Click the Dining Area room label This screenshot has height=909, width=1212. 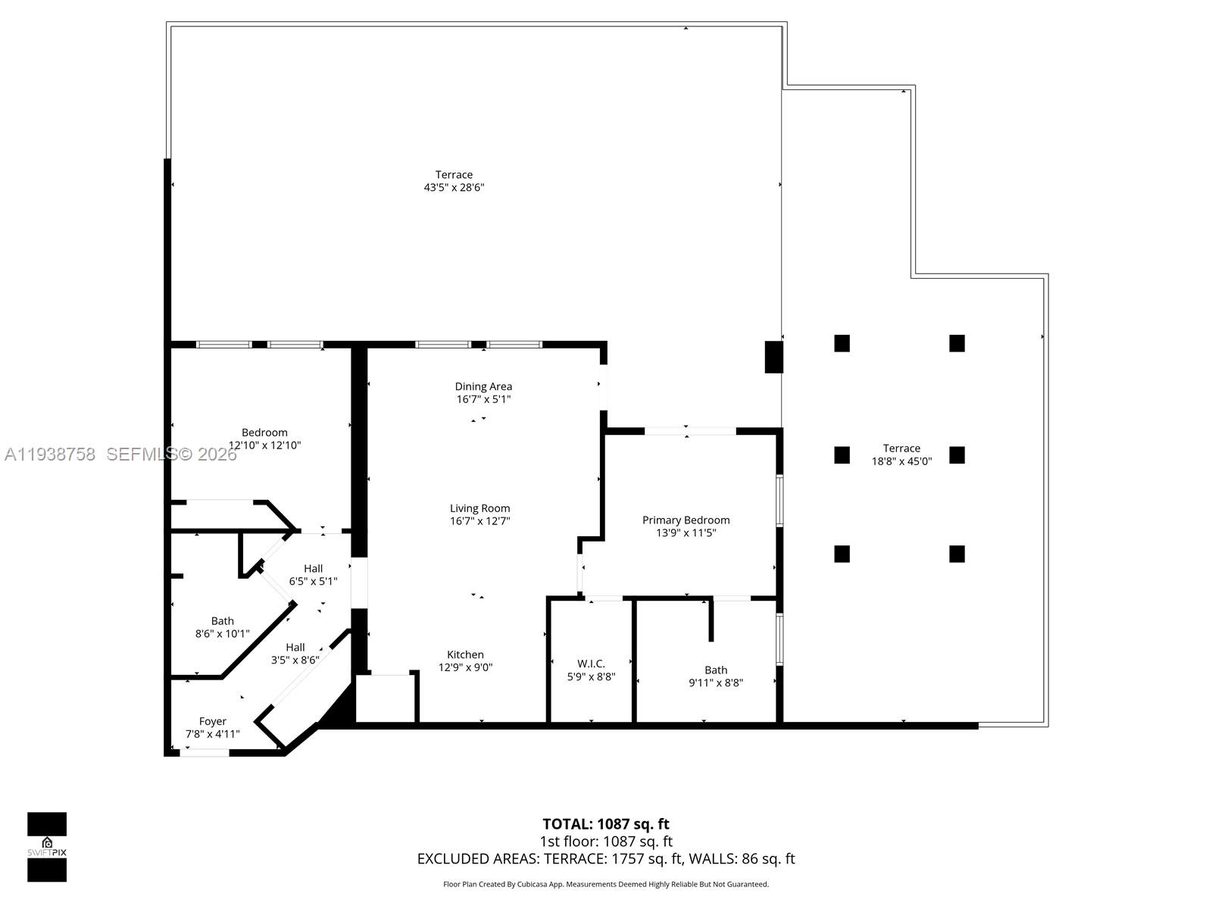coord(483,386)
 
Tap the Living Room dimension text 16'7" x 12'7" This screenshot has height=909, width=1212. coord(479,521)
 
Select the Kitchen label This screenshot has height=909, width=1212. coord(465,654)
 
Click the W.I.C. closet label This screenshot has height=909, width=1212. coord(591,664)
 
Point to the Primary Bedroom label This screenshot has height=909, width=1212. coord(686,520)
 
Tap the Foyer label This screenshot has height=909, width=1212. coord(212,721)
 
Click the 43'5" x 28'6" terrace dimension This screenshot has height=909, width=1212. coord(454,187)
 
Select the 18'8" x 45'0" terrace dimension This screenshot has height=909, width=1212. coord(901,461)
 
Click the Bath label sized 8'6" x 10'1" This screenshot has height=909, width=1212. coord(222,621)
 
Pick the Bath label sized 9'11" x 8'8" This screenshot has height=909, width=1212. coord(716,670)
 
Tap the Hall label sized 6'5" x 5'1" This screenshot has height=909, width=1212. coord(313,569)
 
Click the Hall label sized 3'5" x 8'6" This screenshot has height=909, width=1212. coord(295,647)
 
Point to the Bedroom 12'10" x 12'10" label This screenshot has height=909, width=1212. coord(264,433)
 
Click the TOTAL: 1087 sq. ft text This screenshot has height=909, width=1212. coord(605,823)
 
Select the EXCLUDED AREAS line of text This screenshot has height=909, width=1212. coord(605,858)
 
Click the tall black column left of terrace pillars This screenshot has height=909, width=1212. coord(773,357)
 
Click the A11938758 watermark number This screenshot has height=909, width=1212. coord(50,454)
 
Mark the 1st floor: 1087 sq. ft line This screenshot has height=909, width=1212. coord(605,841)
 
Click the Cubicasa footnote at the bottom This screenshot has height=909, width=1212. coord(605,884)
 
